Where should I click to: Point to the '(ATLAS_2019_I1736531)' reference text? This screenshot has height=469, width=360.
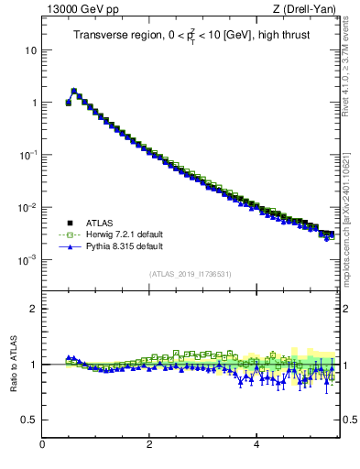[190, 274]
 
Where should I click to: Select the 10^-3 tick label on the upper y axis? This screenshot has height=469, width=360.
[27, 259]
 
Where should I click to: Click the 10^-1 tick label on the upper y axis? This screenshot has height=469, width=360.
[27, 155]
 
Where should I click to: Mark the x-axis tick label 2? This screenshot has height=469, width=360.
[149, 444]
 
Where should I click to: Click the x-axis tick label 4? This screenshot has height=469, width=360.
[256, 444]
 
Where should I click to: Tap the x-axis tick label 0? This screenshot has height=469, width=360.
[42, 444]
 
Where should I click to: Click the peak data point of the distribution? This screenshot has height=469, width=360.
[73, 91]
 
